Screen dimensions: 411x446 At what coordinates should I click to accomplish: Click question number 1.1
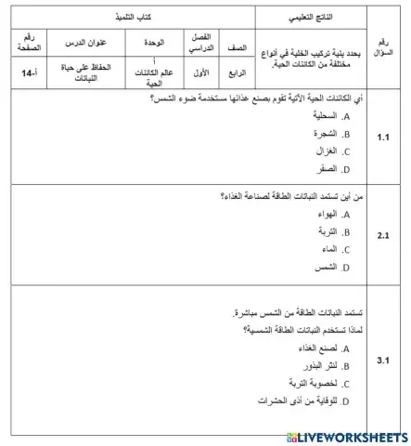pos(383,137)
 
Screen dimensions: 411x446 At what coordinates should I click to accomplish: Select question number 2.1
pos(383,235)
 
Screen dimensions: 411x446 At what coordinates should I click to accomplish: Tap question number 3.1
pos(383,359)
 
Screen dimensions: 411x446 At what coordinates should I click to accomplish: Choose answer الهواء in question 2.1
pos(328,214)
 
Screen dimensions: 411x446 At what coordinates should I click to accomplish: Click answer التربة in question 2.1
pos(328,232)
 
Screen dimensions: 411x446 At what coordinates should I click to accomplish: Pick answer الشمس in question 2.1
pos(327,268)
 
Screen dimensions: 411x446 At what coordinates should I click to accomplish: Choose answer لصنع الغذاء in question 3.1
pos(319,348)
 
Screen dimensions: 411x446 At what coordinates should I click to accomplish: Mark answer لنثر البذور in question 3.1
pos(321,366)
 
